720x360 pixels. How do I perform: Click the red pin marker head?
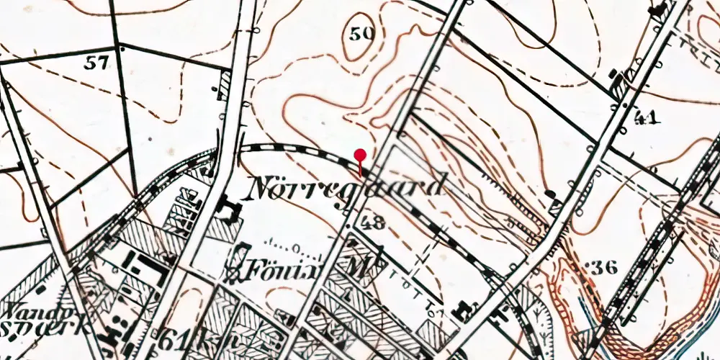click(x=361, y=155)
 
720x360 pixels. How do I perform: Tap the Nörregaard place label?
click(x=346, y=188)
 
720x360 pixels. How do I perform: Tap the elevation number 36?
click(x=604, y=268)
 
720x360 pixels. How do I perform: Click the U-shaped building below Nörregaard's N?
click(x=230, y=211)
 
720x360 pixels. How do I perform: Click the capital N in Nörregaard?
click(x=261, y=189)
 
